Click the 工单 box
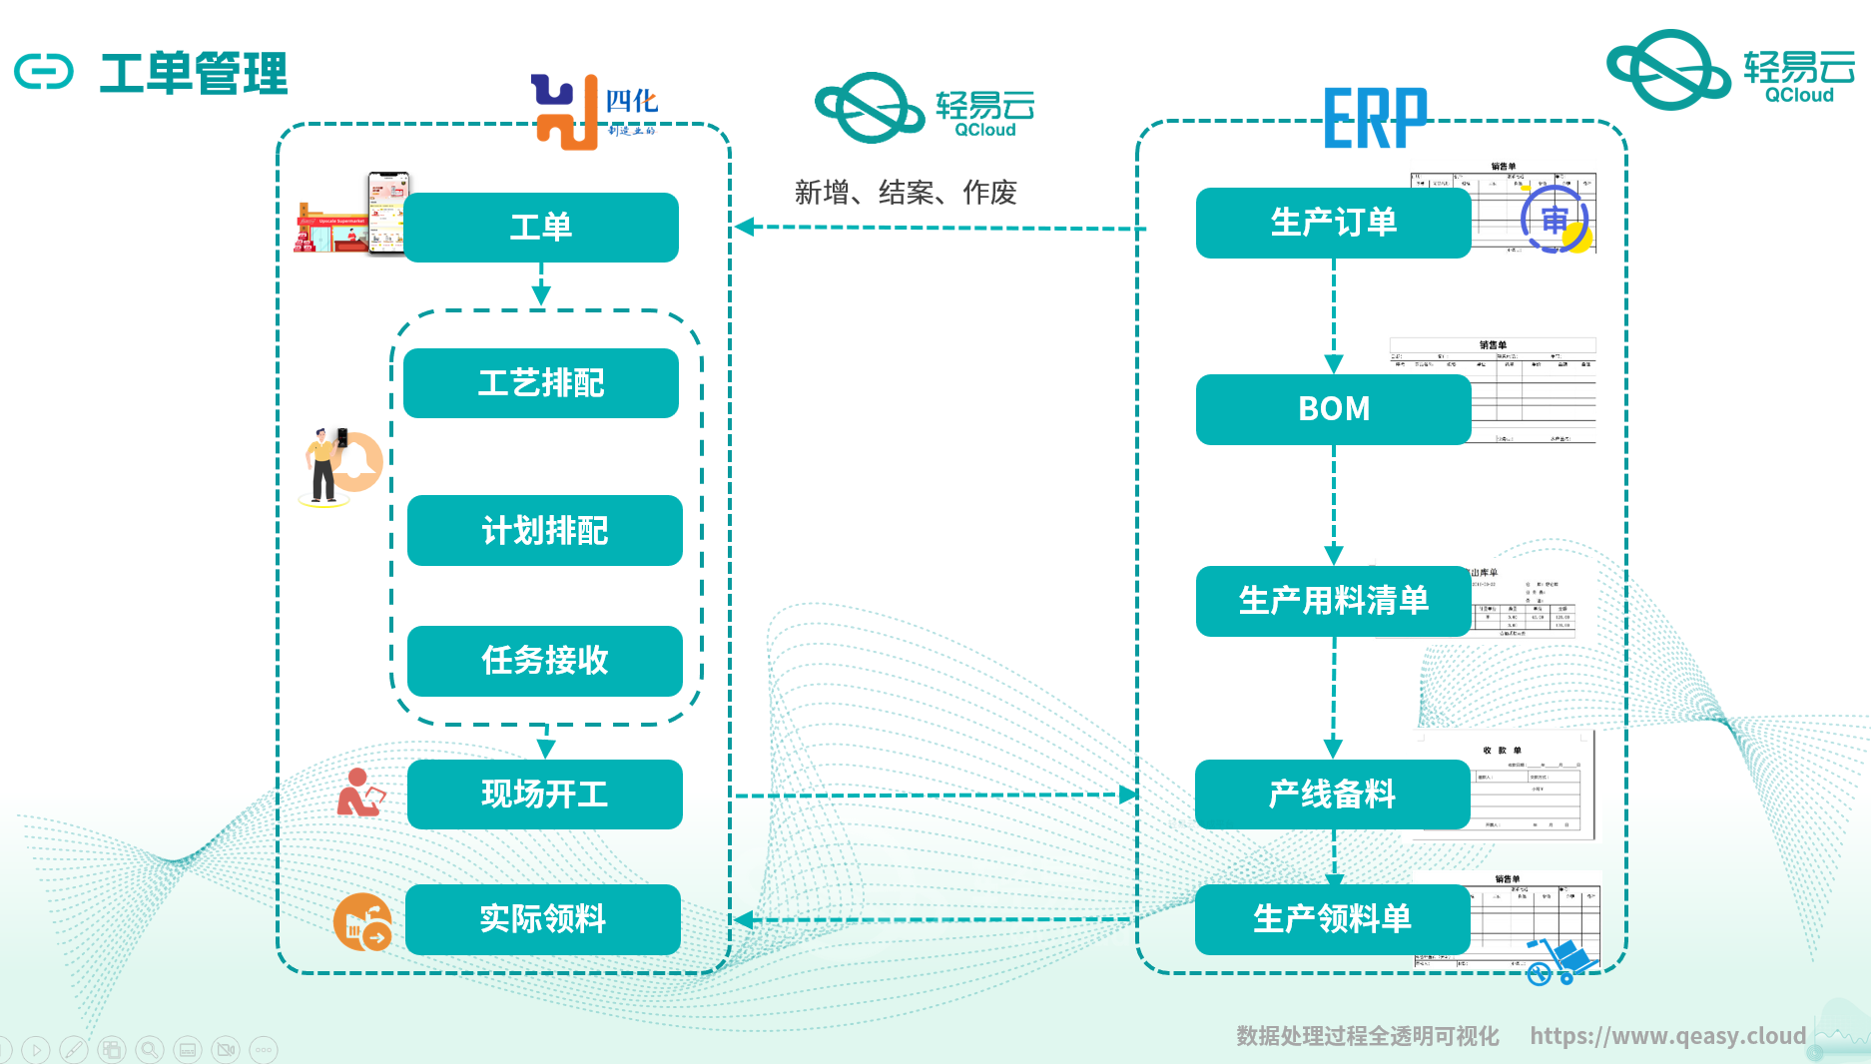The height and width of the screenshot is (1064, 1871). click(x=541, y=228)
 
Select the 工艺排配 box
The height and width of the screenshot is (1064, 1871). click(x=541, y=383)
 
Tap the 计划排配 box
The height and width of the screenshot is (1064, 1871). click(x=545, y=530)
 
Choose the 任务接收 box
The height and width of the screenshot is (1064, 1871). click(x=545, y=661)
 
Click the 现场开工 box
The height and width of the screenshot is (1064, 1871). click(x=545, y=795)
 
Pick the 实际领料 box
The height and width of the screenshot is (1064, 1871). click(x=543, y=919)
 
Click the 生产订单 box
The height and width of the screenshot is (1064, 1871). click(x=1333, y=223)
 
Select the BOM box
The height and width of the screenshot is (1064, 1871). click(x=1333, y=409)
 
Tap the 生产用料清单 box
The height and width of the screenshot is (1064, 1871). click(x=1333, y=601)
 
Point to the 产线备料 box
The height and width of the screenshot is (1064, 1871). click(x=1332, y=795)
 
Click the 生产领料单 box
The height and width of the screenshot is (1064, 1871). click(x=1332, y=919)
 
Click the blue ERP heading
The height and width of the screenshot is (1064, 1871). click(x=1375, y=119)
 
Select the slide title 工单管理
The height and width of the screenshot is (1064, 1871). click(x=194, y=73)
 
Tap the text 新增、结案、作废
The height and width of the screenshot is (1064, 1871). click(x=906, y=192)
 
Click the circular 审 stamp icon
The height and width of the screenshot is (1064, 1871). click(x=1555, y=221)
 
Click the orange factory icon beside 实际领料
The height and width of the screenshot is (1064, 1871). click(x=361, y=921)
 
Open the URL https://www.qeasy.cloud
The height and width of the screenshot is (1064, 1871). click(x=1667, y=1036)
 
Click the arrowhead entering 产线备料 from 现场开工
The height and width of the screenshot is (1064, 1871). click(x=1128, y=795)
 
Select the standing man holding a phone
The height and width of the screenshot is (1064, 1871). click(x=323, y=465)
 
